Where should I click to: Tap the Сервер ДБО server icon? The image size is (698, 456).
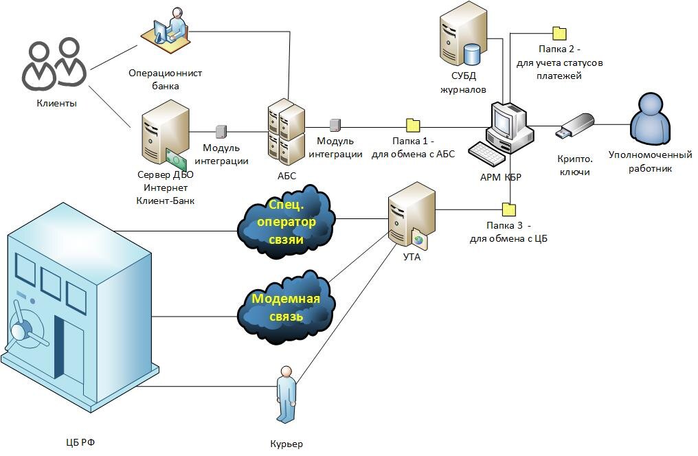coord(164,137)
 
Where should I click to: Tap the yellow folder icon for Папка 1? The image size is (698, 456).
coord(413,126)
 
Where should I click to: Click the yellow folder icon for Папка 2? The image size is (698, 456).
coord(559,32)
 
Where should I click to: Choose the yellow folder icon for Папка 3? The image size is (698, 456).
coord(509,209)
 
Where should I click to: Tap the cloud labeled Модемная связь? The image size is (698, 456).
coord(286,305)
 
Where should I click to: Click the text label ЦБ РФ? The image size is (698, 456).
coord(76,442)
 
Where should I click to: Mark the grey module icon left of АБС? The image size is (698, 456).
coord(221,131)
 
